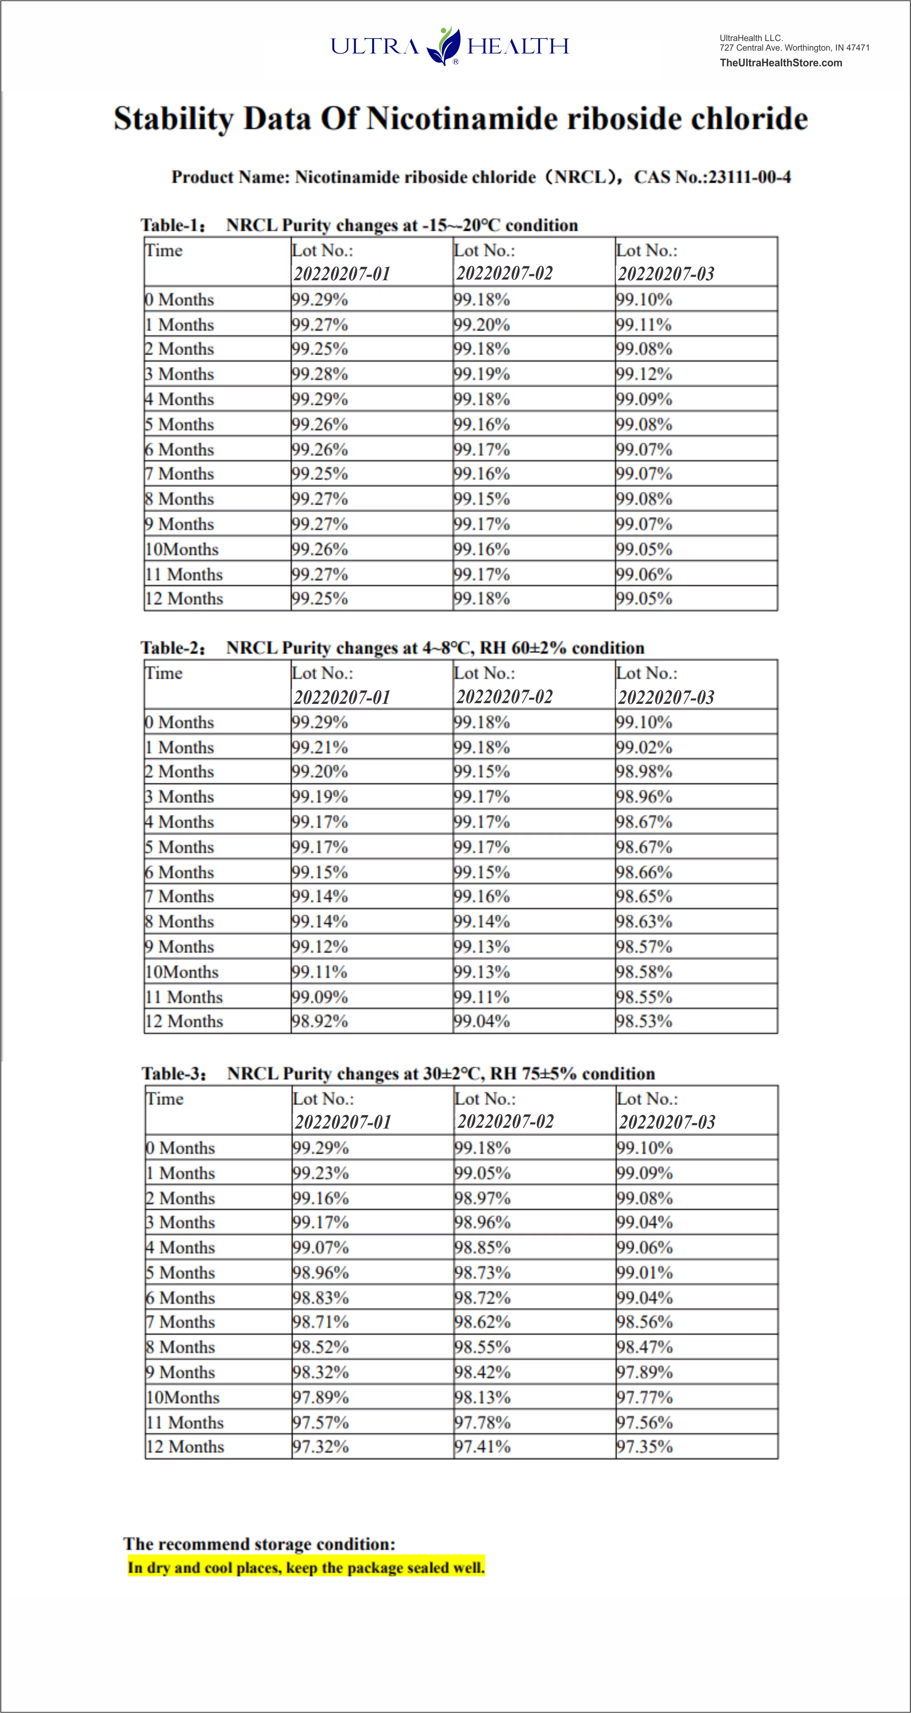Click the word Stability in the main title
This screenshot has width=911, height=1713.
click(174, 119)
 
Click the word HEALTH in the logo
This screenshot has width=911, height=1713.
click(518, 47)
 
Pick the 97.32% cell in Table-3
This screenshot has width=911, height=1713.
click(321, 1446)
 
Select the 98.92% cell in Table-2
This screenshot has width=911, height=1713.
click(320, 1021)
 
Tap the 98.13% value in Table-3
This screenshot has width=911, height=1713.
click(482, 1397)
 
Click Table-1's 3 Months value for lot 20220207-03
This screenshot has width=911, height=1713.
click(644, 374)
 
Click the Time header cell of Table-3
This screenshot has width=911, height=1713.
click(165, 1099)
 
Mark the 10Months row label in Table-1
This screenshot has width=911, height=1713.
click(182, 549)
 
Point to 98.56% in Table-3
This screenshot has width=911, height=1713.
click(644, 1322)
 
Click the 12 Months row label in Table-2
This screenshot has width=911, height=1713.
click(184, 1021)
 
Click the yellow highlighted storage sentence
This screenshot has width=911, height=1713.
click(306, 1568)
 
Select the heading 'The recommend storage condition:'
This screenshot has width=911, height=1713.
click(259, 1543)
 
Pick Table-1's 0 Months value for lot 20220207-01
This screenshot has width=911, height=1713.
click(320, 299)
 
